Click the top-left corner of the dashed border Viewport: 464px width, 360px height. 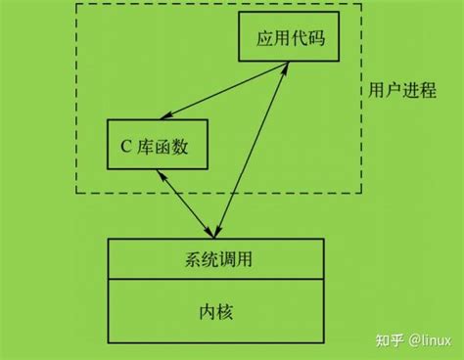(x=76, y=4)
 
